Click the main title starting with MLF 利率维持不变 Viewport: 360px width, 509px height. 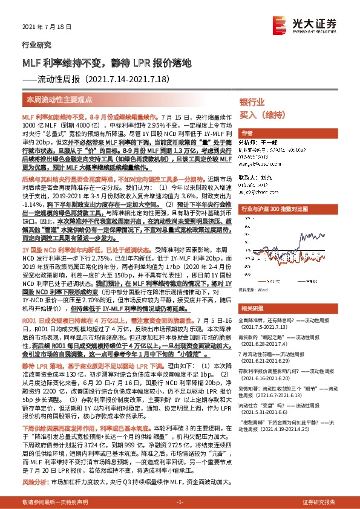tap(106, 62)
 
